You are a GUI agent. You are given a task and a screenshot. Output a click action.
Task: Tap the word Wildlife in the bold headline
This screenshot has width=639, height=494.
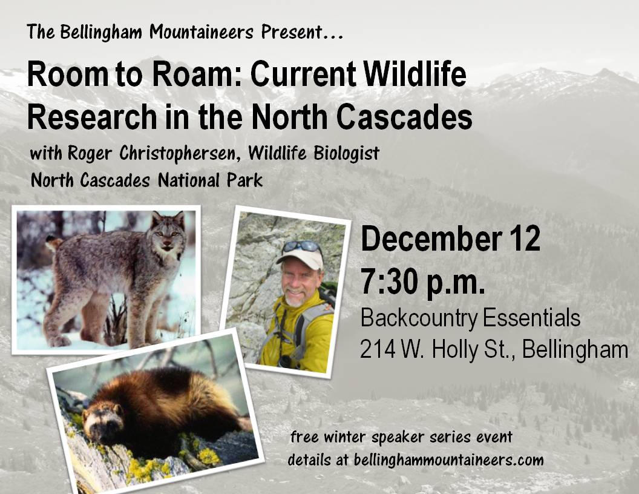click(x=415, y=74)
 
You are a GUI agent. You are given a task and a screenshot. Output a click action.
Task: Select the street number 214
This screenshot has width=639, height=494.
click(x=378, y=350)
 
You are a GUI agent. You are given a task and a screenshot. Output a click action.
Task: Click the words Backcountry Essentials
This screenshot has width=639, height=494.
click(x=470, y=318)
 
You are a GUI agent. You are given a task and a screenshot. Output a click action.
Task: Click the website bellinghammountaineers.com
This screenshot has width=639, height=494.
click(x=448, y=460)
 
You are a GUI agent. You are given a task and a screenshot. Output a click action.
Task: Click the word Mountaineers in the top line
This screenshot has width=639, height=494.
click(x=202, y=32)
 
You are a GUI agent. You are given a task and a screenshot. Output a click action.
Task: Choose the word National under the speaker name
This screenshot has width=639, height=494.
click(x=189, y=180)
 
